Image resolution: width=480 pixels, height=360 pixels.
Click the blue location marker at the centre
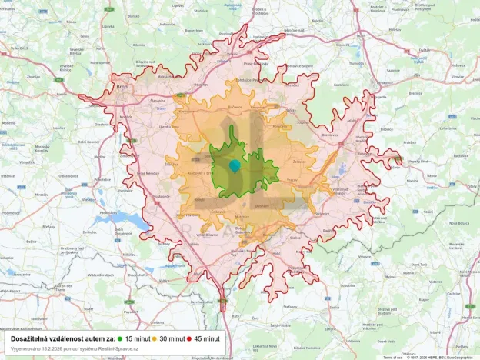(x=235, y=166)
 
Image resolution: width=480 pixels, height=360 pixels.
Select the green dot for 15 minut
(x=120, y=338)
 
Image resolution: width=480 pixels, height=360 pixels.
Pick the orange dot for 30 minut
(x=154, y=338)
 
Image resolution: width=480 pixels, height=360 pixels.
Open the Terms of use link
(x=393, y=357)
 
